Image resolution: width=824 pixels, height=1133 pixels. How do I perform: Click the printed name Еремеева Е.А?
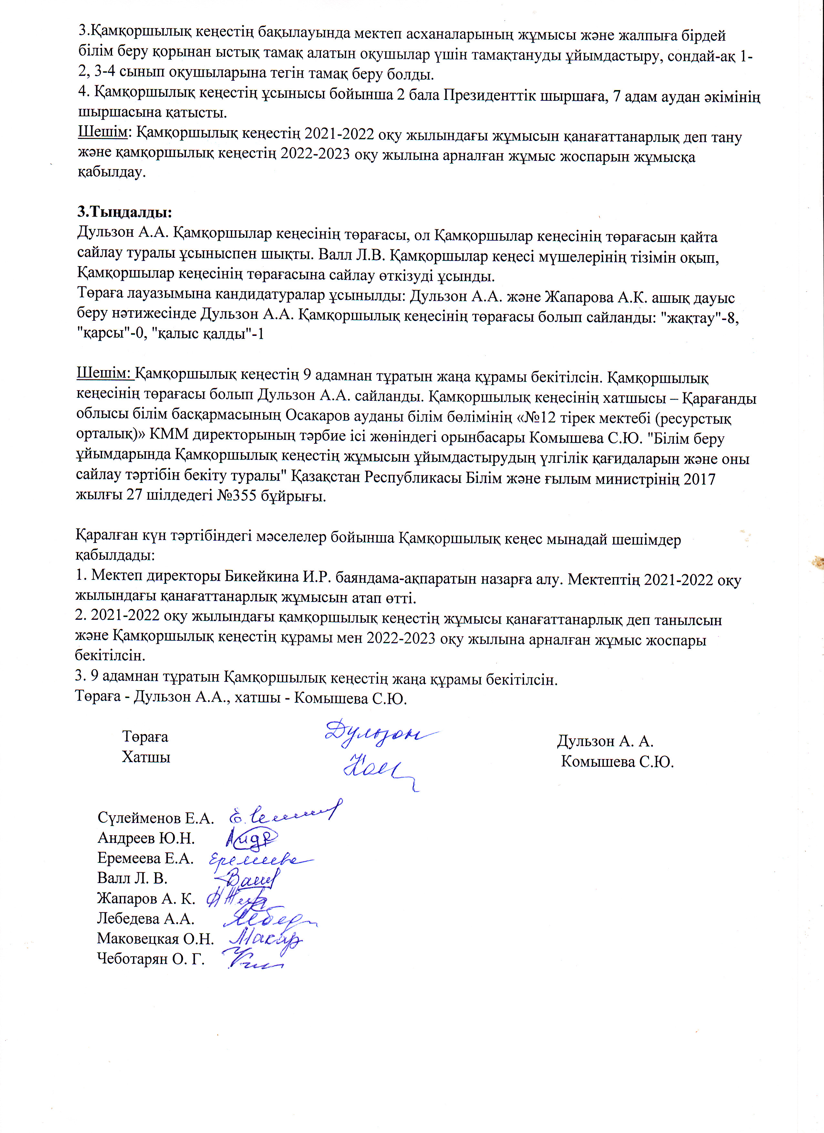point(145,858)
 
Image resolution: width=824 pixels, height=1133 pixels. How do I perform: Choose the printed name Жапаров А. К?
point(146,898)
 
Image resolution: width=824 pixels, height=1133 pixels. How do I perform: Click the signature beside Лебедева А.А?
point(267,918)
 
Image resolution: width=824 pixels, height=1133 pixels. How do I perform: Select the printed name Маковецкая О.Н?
point(155,938)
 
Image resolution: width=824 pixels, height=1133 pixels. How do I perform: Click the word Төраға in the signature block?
point(145,737)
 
